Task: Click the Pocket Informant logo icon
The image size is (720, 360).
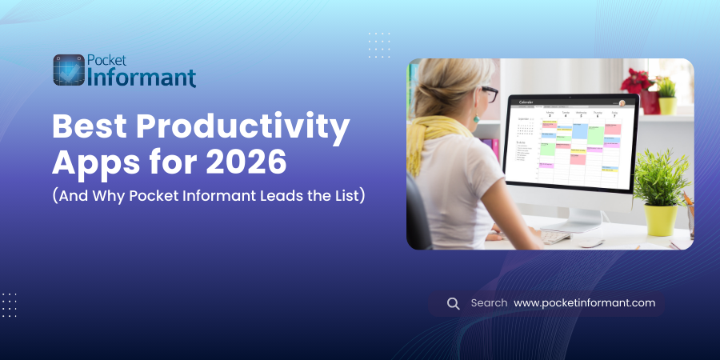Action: [x=68, y=70]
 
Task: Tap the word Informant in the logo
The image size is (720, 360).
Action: [x=139, y=78]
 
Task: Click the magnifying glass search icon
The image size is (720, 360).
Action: [x=453, y=303]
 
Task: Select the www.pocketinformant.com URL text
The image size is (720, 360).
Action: [x=584, y=303]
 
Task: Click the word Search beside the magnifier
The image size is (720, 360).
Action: [x=489, y=303]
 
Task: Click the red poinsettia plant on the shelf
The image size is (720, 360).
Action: [x=637, y=80]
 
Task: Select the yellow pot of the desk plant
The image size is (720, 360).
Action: [x=661, y=219]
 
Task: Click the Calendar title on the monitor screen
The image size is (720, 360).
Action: [x=526, y=102]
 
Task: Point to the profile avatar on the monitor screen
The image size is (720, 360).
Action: [x=622, y=103]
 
